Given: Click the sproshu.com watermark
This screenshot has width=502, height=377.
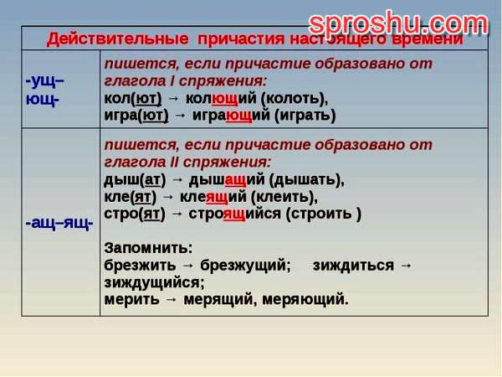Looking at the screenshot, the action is click(x=398, y=23).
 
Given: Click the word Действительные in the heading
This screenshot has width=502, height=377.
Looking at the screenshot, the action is click(x=117, y=39).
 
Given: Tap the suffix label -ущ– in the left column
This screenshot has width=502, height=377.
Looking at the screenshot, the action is click(x=45, y=80).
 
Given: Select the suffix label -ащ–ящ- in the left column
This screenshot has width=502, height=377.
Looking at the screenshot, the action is click(x=59, y=223).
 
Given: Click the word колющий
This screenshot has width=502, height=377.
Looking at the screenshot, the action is click(x=221, y=98).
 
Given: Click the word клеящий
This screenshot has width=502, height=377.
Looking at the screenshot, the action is click(x=213, y=197).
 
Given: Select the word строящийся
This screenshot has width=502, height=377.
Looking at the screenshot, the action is click(x=234, y=214).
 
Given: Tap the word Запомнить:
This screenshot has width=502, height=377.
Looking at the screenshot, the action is click(x=149, y=248).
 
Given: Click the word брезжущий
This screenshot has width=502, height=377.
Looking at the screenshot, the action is click(x=245, y=266).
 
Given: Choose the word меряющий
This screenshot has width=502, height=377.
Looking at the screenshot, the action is click(x=305, y=299).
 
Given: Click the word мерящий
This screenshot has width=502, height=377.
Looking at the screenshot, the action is click(x=220, y=299).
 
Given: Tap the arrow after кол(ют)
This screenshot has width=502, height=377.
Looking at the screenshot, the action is click(x=173, y=98).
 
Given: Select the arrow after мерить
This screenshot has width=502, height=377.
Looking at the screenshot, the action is click(x=172, y=299).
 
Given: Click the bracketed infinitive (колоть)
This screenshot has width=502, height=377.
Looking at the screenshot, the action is click(x=295, y=98).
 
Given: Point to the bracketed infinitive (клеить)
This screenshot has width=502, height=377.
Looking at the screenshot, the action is click(x=284, y=197).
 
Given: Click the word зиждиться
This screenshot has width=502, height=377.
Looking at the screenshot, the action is click(x=353, y=266).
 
